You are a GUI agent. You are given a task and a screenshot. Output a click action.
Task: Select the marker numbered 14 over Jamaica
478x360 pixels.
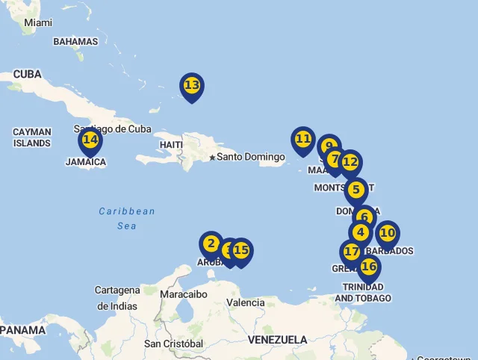click(x=90, y=140)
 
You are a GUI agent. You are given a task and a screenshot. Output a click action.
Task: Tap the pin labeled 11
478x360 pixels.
click(x=303, y=140)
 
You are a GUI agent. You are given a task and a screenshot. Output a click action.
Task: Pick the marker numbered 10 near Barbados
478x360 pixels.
click(x=387, y=233)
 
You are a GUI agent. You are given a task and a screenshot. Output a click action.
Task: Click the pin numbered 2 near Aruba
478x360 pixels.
click(x=211, y=244)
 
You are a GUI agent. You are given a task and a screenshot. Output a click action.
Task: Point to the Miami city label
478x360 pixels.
click(x=38, y=22)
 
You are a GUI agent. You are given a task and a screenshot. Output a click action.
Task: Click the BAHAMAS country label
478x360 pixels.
click(x=75, y=42)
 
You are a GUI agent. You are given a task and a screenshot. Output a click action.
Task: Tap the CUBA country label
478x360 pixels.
click(x=27, y=74)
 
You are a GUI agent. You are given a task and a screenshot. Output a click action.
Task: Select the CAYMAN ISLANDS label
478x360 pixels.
click(x=32, y=137)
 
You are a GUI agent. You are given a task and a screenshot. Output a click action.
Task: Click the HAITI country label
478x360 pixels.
click(x=171, y=144)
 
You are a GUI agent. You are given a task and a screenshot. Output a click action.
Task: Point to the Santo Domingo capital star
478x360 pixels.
click(x=212, y=158)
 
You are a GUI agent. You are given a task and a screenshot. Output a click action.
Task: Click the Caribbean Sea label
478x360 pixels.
click(x=127, y=218)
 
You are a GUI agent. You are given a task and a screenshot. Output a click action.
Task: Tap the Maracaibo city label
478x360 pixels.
click(x=183, y=294)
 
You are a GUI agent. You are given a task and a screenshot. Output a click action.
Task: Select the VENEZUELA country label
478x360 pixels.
click(x=277, y=340)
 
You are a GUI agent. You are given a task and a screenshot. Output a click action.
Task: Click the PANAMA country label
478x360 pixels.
click(x=22, y=329)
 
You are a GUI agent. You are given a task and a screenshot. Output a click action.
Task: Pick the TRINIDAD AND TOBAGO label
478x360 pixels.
click(x=363, y=292)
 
